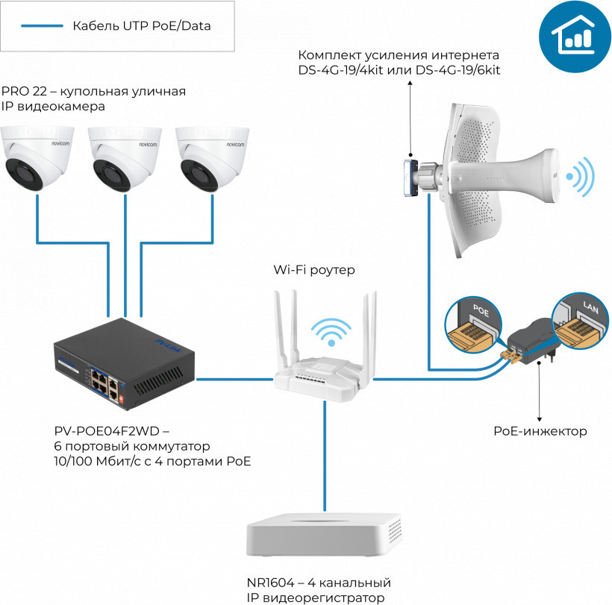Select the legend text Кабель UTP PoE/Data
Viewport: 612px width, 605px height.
(141, 27)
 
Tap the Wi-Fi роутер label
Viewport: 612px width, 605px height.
(314, 269)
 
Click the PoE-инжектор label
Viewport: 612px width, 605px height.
(540, 431)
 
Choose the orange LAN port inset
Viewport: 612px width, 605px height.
(581, 325)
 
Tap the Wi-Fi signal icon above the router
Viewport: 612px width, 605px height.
(330, 332)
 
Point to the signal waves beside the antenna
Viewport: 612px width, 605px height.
(580, 176)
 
